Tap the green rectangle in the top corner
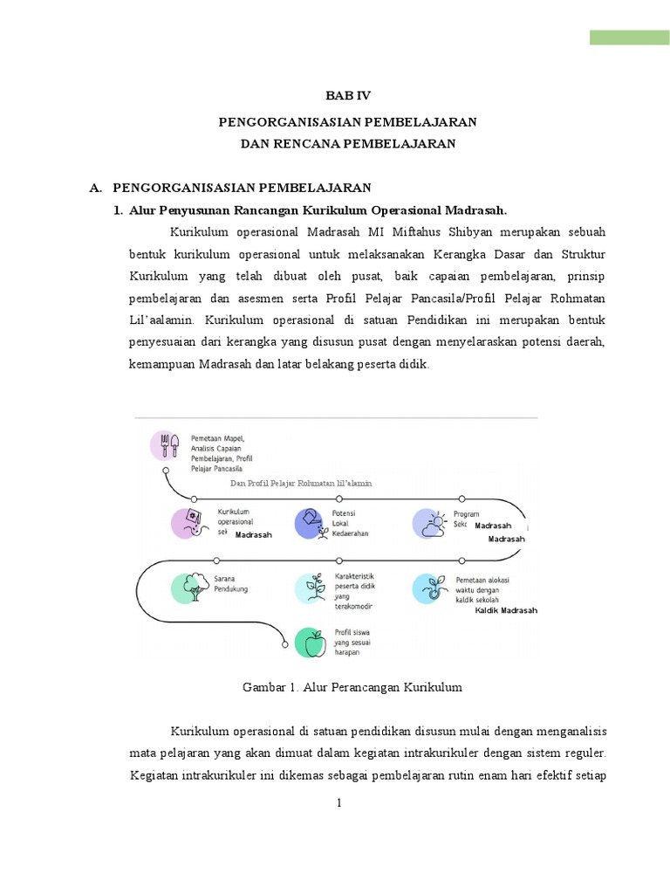click(x=629, y=37)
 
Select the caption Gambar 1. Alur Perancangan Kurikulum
click(x=351, y=688)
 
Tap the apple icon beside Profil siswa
click(x=311, y=643)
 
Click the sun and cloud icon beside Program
click(x=429, y=522)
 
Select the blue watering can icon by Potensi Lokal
click(x=311, y=522)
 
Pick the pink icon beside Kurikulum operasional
click(x=188, y=522)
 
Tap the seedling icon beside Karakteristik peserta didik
click(x=311, y=588)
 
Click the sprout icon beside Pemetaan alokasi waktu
click(x=428, y=588)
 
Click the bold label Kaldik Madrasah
click(x=506, y=610)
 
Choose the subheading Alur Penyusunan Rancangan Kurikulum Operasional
click(x=318, y=210)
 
